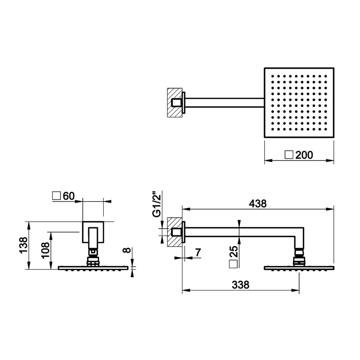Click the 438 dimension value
tap(258, 204)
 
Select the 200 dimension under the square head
tap(304, 155)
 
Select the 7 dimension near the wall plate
tap(198, 252)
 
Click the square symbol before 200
tap(289, 155)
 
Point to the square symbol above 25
tap(233, 265)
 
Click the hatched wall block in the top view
tap(174, 102)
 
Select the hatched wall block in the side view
tap(174, 232)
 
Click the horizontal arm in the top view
tap(224, 102)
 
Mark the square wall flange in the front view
tap(92, 232)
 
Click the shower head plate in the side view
tap(299, 268)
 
